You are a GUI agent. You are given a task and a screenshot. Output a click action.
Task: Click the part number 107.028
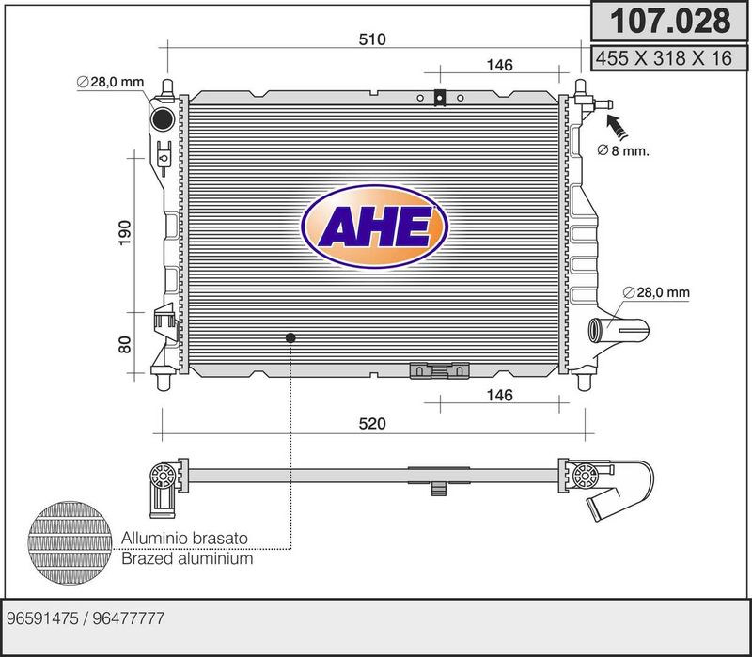coord(669,21)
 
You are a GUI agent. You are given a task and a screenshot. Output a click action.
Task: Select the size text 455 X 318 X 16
coord(664,58)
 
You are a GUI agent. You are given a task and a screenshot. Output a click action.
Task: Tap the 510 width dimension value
coord(372,39)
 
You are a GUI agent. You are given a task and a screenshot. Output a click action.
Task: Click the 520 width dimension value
coord(372,424)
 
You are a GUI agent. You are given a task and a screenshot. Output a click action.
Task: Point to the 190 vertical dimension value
coord(125,233)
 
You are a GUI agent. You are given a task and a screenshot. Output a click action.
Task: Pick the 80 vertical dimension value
coord(125,345)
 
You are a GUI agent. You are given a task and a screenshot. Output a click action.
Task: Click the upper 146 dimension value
coord(500,65)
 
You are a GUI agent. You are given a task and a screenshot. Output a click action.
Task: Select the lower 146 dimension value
coord(500,395)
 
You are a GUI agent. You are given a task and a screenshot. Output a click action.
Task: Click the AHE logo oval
coord(375,227)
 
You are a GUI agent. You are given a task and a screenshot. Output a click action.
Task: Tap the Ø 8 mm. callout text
coord(623,150)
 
